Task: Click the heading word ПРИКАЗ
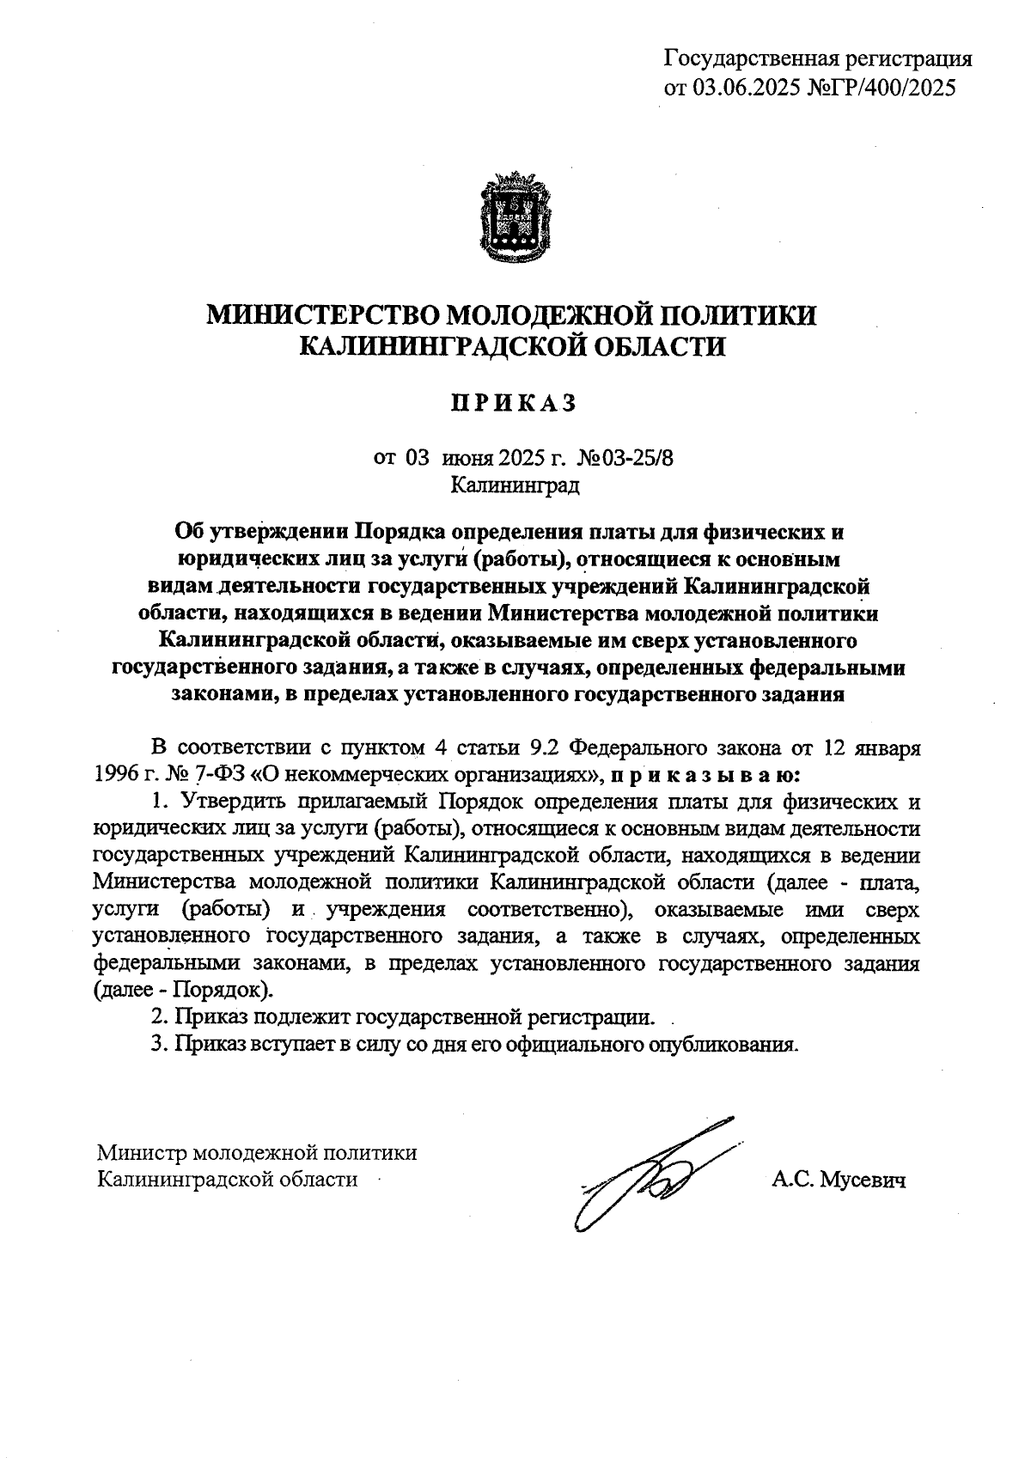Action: pos(515,404)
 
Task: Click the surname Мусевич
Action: pos(863,1180)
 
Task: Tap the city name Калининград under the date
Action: pos(515,485)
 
